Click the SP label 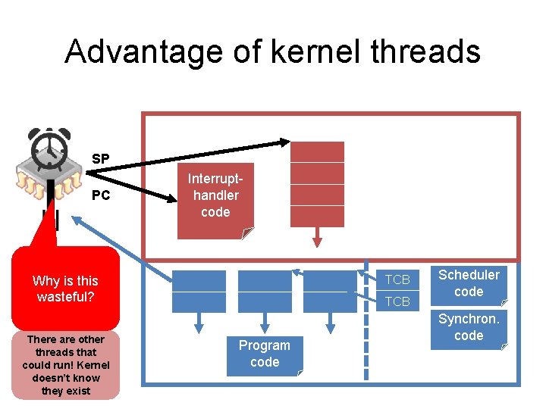(100, 159)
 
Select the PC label (100, 195)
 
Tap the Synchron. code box (469, 328)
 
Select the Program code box (265, 354)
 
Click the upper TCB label (397, 279)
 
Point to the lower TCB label (397, 301)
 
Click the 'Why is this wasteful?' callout (65, 289)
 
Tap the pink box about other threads (65, 365)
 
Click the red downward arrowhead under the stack (317, 242)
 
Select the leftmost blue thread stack (199, 291)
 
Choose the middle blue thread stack (265, 291)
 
